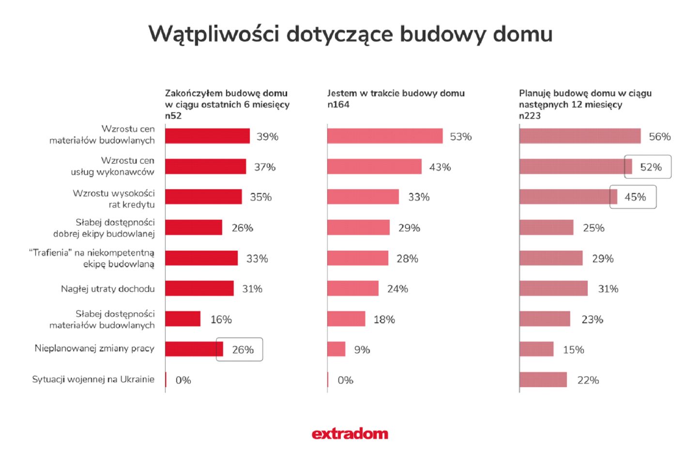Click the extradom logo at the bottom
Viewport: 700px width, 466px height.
pos(350,434)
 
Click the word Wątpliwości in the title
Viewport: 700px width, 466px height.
pos(213,34)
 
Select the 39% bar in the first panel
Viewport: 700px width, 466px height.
pos(207,136)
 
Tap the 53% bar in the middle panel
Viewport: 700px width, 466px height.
pos(385,136)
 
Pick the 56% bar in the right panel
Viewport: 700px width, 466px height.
pos(580,136)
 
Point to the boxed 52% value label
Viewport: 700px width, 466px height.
pos(651,167)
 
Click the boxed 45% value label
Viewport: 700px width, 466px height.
pos(635,197)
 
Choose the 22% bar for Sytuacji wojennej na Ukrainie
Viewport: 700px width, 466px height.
pos(543,380)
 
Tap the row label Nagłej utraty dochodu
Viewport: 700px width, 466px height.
pos(107,289)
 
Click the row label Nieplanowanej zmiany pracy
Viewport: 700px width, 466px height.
pos(94,348)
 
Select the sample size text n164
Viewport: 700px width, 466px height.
pos(338,105)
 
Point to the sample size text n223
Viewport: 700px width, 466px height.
pos(530,116)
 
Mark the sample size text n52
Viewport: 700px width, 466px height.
pos(173,116)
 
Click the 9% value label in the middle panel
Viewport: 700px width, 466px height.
pos(362,350)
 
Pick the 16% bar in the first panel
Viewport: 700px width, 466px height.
pos(183,319)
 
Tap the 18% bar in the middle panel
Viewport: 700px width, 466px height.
pos(346,319)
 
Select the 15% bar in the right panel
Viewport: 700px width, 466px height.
pos(536,349)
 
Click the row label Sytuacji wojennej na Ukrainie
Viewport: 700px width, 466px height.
pos(93,379)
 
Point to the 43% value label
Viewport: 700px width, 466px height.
pos(440,167)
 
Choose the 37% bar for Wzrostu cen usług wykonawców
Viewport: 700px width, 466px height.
pos(205,166)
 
